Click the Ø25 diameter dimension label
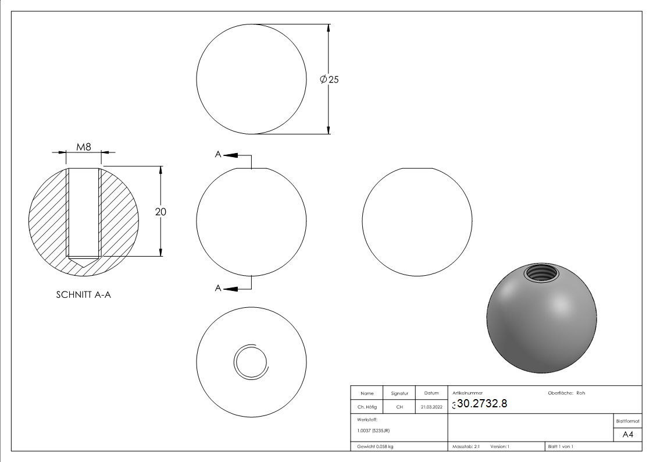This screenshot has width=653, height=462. [329, 79]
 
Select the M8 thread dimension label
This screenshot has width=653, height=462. [83, 147]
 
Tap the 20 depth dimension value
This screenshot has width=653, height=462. [160, 212]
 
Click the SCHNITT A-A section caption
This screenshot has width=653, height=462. [83, 294]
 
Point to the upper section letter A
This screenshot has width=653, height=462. [218, 155]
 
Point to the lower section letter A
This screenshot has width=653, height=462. [218, 288]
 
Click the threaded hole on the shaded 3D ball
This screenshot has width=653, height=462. [541, 273]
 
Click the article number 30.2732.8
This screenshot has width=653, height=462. [482, 403]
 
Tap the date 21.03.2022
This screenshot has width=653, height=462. [431, 407]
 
